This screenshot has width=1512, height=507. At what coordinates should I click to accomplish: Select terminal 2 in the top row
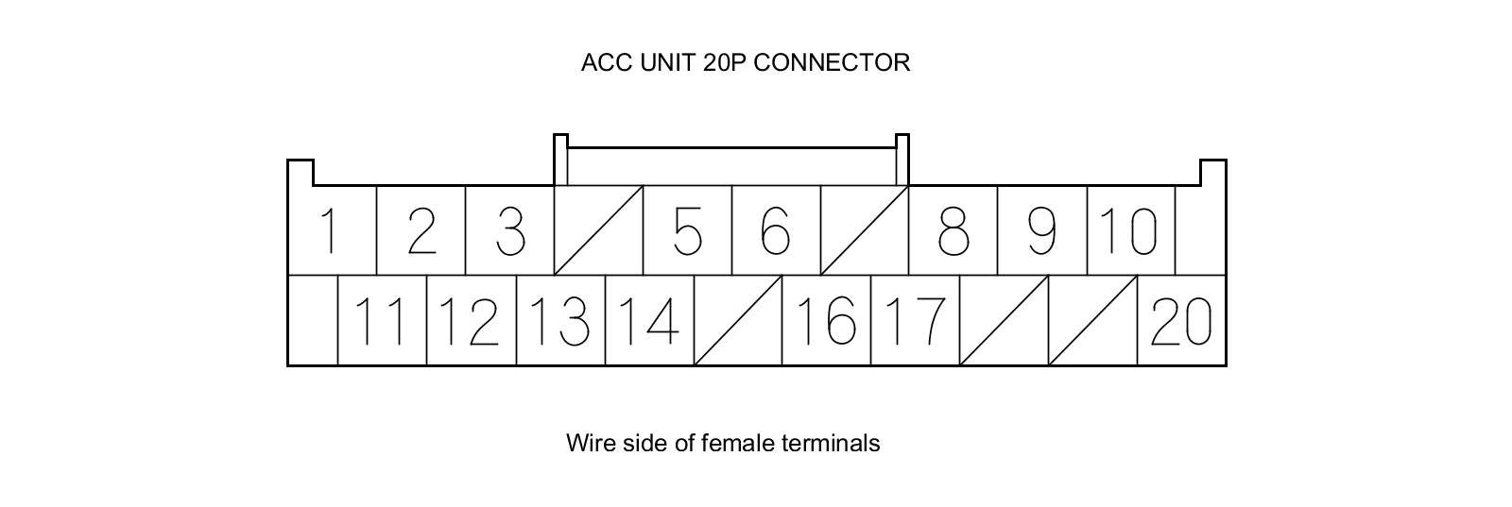click(x=421, y=231)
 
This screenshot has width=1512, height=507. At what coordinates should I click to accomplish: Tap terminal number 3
click(x=510, y=231)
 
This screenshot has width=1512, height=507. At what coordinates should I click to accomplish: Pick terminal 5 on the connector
click(x=688, y=231)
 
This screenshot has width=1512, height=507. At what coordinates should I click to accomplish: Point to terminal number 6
click(x=776, y=231)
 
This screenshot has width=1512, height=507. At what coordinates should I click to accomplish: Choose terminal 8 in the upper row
click(x=953, y=231)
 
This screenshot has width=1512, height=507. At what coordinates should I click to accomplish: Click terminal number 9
click(x=1041, y=231)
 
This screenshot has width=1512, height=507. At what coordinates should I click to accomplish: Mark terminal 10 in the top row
click(x=1130, y=231)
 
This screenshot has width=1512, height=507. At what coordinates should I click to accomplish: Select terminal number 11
click(x=382, y=321)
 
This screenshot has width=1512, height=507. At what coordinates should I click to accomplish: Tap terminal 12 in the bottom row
click(x=471, y=321)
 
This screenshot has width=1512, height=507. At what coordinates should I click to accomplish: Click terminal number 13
click(x=559, y=321)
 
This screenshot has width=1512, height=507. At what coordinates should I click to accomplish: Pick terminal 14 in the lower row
click(x=648, y=321)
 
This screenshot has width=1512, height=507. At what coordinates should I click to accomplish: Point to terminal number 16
click(x=826, y=321)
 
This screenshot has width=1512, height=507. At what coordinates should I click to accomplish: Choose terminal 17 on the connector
click(x=915, y=321)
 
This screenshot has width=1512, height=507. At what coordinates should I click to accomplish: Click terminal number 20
click(x=1181, y=321)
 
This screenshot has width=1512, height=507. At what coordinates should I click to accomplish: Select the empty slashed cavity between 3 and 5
click(x=598, y=231)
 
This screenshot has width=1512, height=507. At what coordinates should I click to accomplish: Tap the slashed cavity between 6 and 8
click(x=864, y=231)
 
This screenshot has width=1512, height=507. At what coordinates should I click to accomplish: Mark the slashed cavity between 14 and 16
click(x=737, y=321)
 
